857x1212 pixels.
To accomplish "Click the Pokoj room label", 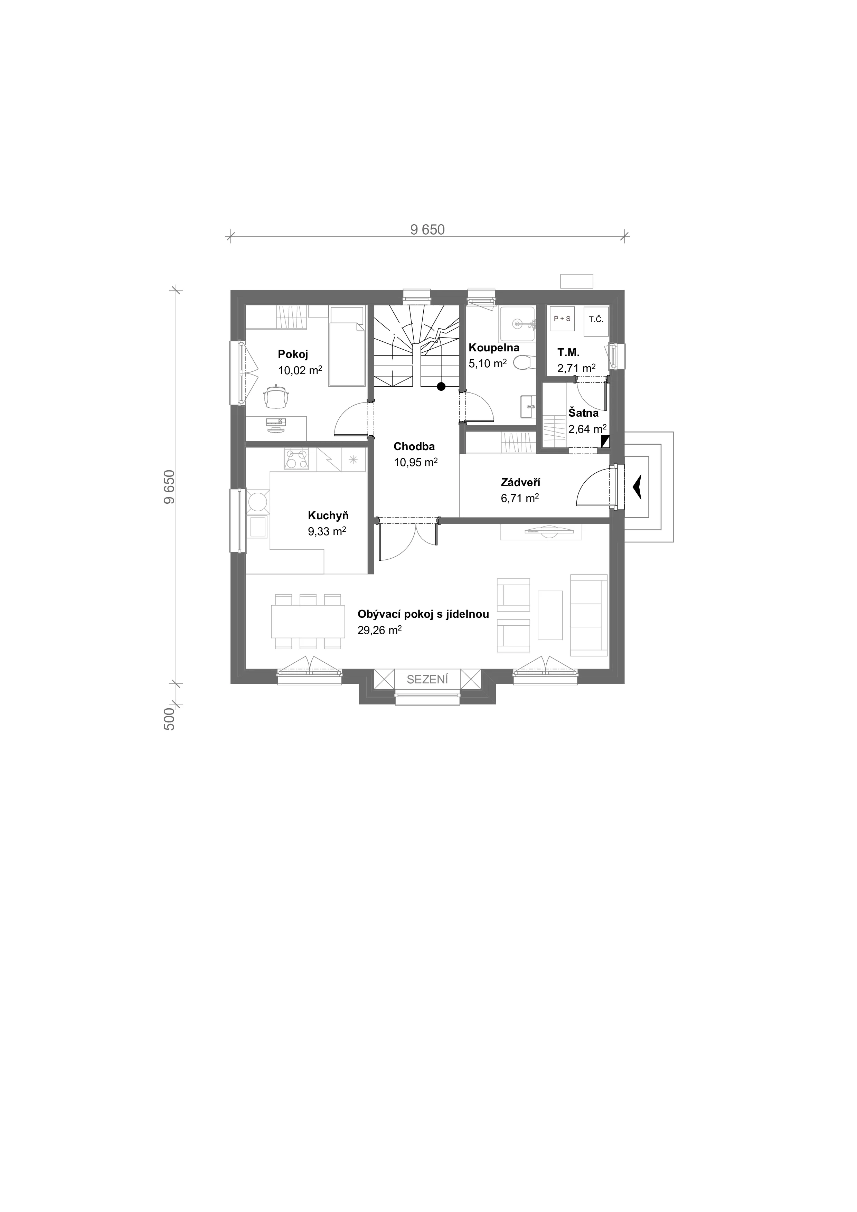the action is [293, 354].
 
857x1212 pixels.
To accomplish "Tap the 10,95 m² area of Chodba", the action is [416, 462].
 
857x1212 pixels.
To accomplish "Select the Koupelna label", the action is [494, 348].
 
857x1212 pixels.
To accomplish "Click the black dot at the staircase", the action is [441, 386].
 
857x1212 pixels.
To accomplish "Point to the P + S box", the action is [562, 319].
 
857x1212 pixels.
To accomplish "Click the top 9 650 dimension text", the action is [428, 230].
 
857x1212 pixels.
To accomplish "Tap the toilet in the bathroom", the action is [523, 363].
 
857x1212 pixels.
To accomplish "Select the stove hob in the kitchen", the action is [297, 459].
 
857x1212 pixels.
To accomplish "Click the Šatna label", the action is [583, 413].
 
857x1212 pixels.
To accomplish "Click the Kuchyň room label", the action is [328, 516].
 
